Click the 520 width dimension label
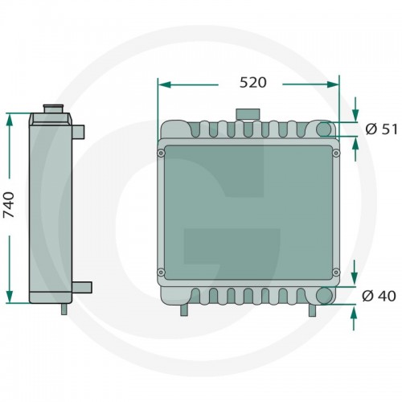(253, 83)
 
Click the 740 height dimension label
(9, 205)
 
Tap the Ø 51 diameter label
(381, 129)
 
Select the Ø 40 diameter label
(379, 296)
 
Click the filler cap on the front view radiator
(248, 114)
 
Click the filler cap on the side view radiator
(54, 109)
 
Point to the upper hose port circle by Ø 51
(324, 129)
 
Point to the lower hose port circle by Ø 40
(324, 295)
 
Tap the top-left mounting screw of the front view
(161, 154)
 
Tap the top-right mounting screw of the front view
(336, 153)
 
